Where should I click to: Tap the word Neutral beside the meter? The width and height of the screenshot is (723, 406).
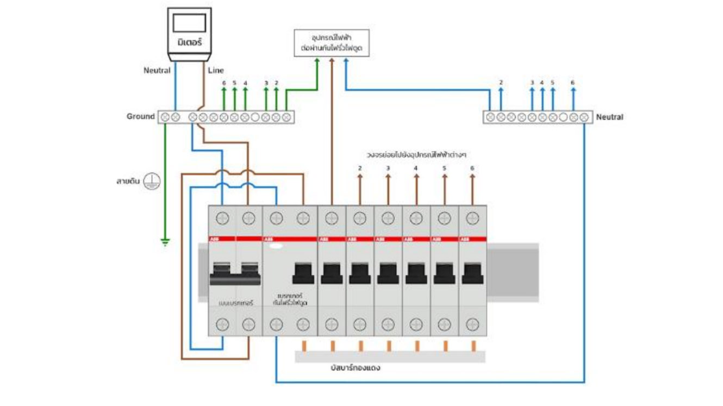(157, 71)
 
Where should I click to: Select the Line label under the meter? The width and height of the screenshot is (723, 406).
(216, 71)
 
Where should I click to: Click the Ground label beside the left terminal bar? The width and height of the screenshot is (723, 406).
(141, 116)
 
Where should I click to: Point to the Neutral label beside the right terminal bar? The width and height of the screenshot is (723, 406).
(609, 117)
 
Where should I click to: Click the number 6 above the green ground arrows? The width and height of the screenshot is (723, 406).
(223, 83)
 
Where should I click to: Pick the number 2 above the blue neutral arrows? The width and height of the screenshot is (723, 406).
(501, 83)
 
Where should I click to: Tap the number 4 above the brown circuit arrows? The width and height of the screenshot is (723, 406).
(416, 168)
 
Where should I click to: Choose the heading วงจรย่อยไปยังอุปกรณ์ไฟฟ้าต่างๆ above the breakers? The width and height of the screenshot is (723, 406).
(416, 154)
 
